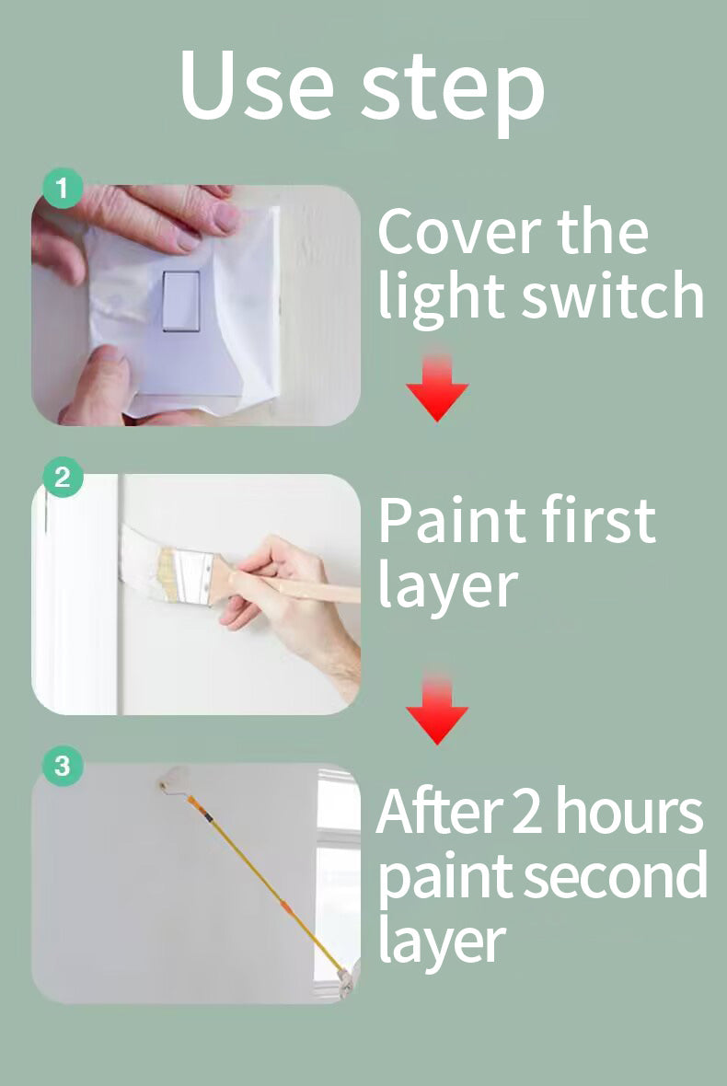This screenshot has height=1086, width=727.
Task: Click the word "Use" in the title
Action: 257,85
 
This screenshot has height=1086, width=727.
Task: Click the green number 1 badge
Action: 63,188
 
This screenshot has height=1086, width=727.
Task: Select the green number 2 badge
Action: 63,478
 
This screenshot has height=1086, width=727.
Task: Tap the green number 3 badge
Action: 63,766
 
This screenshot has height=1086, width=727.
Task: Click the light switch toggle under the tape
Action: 181,301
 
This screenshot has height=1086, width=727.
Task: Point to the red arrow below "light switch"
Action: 437,387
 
